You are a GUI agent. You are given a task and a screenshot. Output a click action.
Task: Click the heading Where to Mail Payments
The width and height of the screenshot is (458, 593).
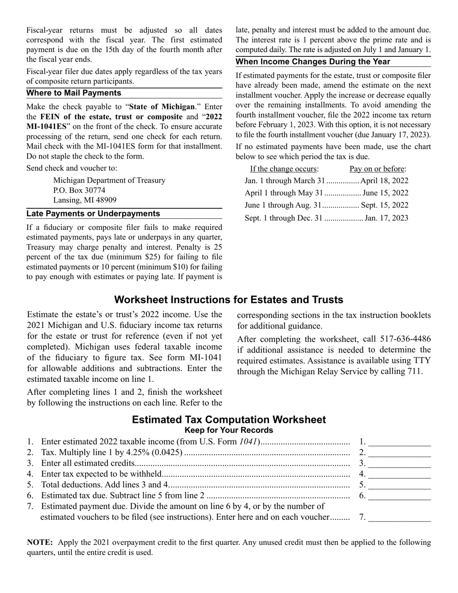[74, 93]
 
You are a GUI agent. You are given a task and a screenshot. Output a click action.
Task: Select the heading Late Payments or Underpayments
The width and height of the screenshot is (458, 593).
[93, 214]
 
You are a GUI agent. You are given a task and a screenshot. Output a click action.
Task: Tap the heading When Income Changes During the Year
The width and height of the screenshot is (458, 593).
[313, 62]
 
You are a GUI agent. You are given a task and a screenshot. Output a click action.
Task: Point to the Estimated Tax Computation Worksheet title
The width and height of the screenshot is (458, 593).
[229, 420]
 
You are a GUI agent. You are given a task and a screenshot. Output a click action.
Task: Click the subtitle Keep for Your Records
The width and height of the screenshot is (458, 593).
[229, 430]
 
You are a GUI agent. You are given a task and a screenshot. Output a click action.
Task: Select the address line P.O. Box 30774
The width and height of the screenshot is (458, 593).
[79, 190]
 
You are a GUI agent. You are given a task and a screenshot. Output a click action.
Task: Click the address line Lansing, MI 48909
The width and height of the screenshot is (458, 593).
[84, 200]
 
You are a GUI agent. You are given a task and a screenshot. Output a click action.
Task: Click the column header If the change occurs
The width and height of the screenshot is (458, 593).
[284, 169]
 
